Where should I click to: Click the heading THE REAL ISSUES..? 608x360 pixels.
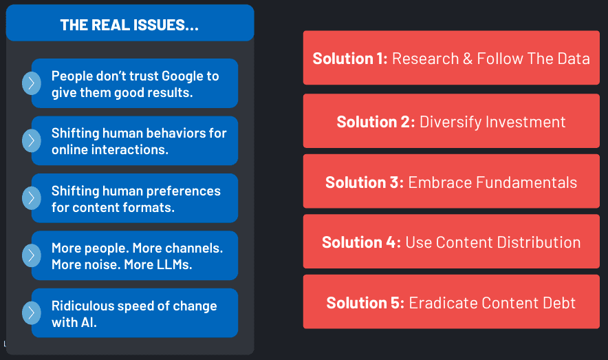pyautogui.click(x=129, y=25)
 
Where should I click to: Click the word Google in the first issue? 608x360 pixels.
pyautogui.click(x=182, y=76)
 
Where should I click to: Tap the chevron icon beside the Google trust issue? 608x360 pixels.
pyautogui.click(x=32, y=83)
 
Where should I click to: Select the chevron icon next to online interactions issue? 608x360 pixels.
pyautogui.click(x=32, y=140)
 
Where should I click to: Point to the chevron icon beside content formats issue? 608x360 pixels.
pyautogui.click(x=32, y=198)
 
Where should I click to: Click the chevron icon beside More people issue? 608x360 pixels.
pyautogui.click(x=32, y=255)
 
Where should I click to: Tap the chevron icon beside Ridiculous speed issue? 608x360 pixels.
pyautogui.click(x=32, y=313)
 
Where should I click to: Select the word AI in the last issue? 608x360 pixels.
pyautogui.click(x=89, y=322)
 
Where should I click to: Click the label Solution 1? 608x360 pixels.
pyautogui.click(x=350, y=59)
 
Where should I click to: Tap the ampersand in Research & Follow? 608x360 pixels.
pyautogui.click(x=468, y=59)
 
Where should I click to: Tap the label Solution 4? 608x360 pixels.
pyautogui.click(x=361, y=242)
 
